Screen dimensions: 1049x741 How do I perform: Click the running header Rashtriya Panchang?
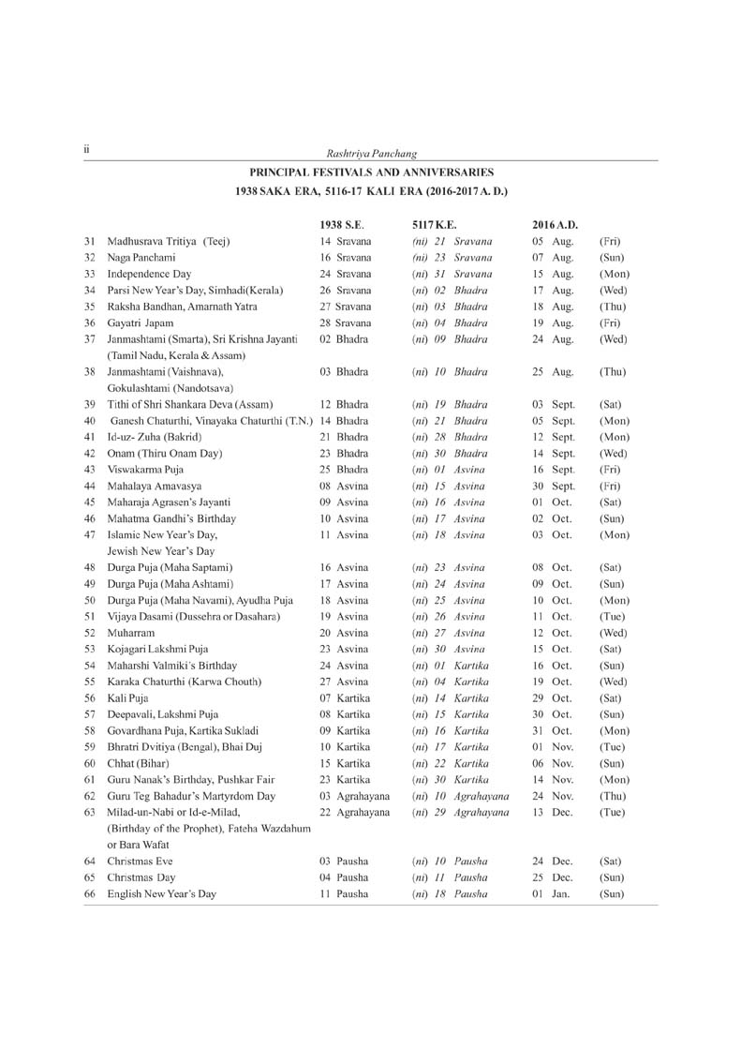click(370, 154)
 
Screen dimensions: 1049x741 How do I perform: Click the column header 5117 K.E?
click(434, 225)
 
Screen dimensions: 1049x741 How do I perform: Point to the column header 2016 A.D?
click(555, 225)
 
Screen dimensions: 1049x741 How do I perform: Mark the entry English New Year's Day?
click(162, 893)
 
